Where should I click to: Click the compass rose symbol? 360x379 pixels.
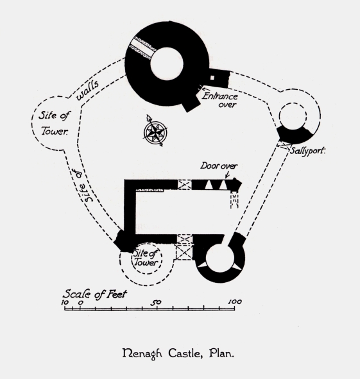click(x=155, y=131)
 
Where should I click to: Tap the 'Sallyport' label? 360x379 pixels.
click(x=307, y=151)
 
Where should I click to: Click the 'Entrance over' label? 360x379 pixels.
click(x=220, y=100)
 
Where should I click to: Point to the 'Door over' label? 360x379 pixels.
click(x=219, y=166)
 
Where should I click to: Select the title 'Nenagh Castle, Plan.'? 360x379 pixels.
click(x=178, y=353)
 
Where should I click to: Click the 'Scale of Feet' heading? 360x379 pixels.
click(x=95, y=294)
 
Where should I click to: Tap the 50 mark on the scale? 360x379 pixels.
click(x=157, y=302)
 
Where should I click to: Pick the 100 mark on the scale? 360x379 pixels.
click(x=235, y=301)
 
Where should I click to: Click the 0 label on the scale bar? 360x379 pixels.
click(x=81, y=303)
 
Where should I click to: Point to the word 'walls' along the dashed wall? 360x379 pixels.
click(x=87, y=90)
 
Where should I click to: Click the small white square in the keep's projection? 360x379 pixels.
click(x=212, y=78)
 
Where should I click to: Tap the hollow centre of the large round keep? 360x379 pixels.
click(x=167, y=64)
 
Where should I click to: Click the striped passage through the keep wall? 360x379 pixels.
click(x=142, y=48)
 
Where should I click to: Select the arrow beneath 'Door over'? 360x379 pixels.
click(x=227, y=175)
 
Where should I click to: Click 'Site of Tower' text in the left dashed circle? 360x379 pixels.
click(x=54, y=123)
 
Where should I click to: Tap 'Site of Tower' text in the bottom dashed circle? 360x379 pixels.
click(x=146, y=258)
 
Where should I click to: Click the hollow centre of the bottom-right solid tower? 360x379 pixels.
click(x=219, y=258)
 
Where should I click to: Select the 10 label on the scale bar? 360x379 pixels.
click(x=65, y=303)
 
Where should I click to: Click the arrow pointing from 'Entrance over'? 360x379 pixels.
click(x=205, y=89)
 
